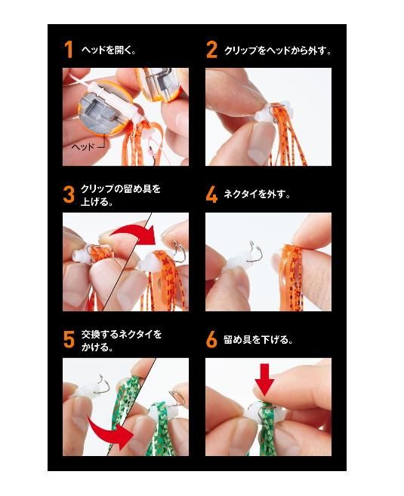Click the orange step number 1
coord(69,50)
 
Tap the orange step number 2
coord(212,50)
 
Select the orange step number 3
coord(69,194)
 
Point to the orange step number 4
coord(211,194)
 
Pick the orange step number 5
coord(69,340)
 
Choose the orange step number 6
coord(211,340)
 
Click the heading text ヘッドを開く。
coord(109,50)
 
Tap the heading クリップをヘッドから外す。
coord(278,51)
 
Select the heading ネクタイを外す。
coord(257,194)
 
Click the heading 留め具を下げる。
coord(258,339)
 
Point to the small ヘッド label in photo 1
coord(83,147)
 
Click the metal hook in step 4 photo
coord(254,252)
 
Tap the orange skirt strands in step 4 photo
coord(292,276)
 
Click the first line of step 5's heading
coord(121,334)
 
